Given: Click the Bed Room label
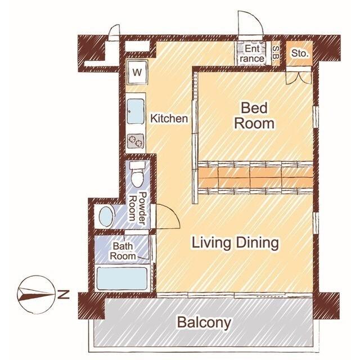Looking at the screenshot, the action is pyautogui.click(x=254, y=116).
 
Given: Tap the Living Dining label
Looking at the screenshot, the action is pyautogui.click(x=235, y=243).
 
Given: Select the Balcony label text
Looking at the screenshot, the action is pyautogui.click(x=204, y=322).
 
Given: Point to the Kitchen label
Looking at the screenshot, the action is pyautogui.click(x=169, y=119).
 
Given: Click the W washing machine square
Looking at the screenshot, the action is pyautogui.click(x=137, y=72).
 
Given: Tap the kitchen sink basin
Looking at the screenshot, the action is pyautogui.click(x=136, y=111).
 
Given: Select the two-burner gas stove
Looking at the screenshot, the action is pyautogui.click(x=136, y=141).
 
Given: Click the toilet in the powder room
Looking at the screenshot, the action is pyautogui.click(x=137, y=174).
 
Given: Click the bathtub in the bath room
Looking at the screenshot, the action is pyautogui.click(x=122, y=278).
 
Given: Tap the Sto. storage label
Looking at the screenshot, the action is pyautogui.click(x=299, y=53).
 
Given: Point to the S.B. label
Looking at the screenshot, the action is pyautogui.click(x=276, y=53).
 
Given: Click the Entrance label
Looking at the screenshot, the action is pyautogui.click(x=252, y=54).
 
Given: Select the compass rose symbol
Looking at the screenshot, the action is pyautogui.click(x=36, y=294).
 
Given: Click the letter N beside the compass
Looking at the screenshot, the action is pyautogui.click(x=64, y=295).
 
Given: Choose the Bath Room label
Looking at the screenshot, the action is pyautogui.click(x=123, y=251).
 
